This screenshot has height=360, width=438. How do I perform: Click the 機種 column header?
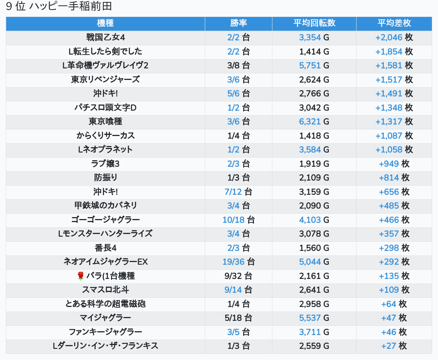(105, 23)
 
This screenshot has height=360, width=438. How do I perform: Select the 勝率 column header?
(238, 23)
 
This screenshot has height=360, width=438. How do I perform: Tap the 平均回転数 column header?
(314, 23)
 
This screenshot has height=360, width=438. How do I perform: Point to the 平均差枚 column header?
(394, 23)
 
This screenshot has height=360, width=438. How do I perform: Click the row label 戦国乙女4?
(105, 37)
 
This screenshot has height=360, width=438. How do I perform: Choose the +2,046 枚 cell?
(394, 37)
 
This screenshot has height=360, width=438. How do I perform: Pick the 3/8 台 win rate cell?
(238, 65)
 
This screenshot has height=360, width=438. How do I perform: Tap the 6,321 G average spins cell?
(314, 121)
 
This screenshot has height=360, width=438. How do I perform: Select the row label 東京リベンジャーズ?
(105, 80)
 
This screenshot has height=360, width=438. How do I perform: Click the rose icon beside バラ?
(80, 276)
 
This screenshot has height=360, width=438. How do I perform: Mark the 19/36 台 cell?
(238, 262)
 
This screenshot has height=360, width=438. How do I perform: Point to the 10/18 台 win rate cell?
(238, 220)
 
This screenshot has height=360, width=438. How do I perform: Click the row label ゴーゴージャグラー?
(105, 220)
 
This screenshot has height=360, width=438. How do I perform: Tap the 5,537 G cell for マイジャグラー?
(314, 318)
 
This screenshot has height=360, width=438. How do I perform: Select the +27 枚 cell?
(394, 346)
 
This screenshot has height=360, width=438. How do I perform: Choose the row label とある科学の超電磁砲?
(105, 304)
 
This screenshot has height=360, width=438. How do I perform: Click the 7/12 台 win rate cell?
(238, 192)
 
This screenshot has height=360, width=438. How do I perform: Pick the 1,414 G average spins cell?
(314, 51)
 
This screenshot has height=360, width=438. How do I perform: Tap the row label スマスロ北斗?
(105, 290)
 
